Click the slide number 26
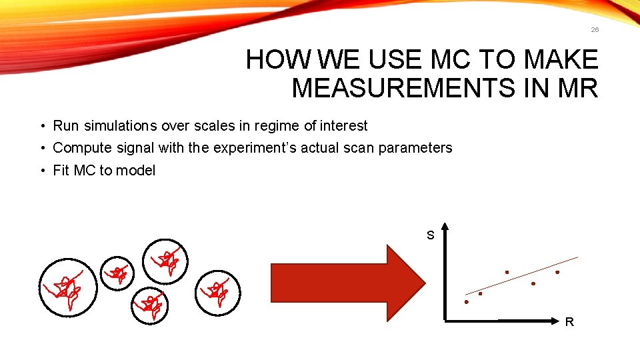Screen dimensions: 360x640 point(595,29)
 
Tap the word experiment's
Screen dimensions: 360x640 point(249,148)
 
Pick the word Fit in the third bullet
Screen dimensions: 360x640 point(61,171)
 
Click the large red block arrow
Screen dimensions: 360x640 point(347,283)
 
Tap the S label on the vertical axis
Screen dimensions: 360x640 point(431,235)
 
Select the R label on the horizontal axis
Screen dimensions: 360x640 point(569,323)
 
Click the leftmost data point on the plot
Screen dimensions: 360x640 point(467,302)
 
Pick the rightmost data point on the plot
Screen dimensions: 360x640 point(557,272)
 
